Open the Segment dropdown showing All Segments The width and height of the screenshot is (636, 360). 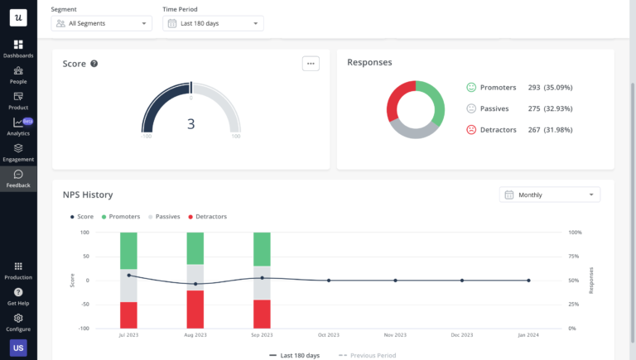coord(101,23)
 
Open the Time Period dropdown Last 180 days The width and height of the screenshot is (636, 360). coord(213,23)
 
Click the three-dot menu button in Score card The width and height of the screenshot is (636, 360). coord(311,63)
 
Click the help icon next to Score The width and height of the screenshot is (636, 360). coord(94,64)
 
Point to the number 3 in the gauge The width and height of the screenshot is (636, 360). coord(190,124)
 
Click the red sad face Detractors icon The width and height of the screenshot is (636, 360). coord(471,129)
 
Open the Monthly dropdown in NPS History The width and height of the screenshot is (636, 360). coord(550,194)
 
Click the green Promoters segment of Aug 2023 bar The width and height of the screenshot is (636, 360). coord(195,247)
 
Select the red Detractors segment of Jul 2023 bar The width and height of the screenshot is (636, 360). coord(128,314)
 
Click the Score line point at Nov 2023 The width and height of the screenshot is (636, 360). coord(395,281)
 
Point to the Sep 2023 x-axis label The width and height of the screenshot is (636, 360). coord(261,335)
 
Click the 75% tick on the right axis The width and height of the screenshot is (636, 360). coord(576,257)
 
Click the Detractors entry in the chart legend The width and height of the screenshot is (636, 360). coord(209,217)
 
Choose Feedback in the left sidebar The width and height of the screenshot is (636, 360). coord(18,179)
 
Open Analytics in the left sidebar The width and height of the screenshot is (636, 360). coord(18,127)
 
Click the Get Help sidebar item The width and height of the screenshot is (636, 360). coord(18,296)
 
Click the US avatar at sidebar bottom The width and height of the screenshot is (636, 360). coord(18,348)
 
